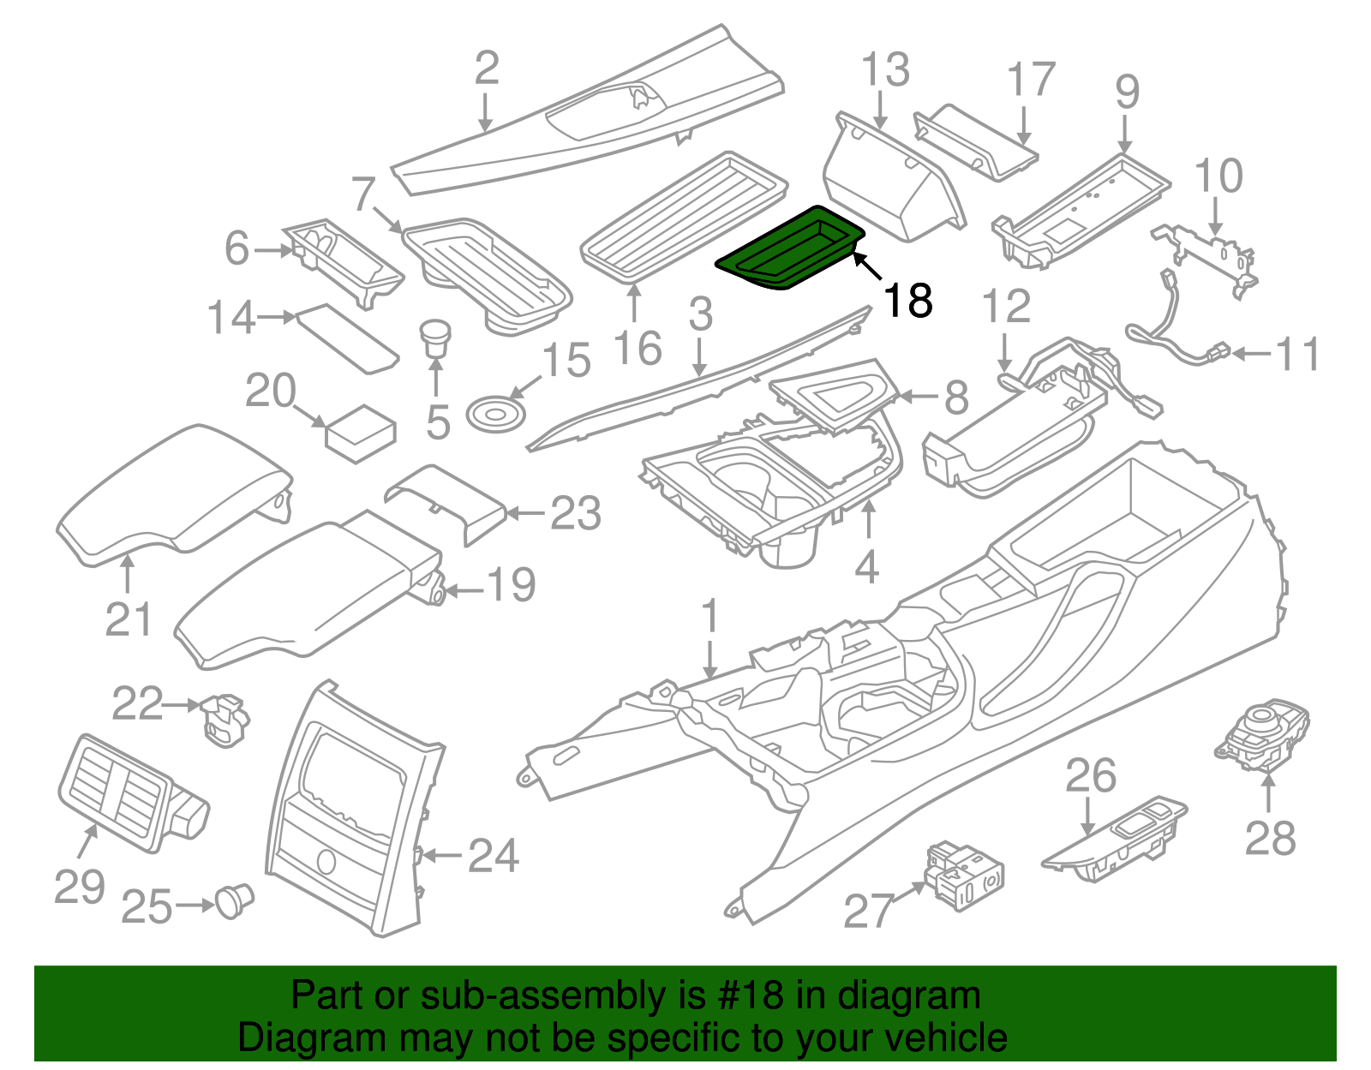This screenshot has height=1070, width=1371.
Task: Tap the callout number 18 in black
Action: [x=907, y=301]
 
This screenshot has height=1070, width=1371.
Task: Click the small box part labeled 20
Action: [x=361, y=433]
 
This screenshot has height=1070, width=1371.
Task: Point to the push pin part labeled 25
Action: [x=233, y=900]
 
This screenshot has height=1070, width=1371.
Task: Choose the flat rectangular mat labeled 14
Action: [x=347, y=338]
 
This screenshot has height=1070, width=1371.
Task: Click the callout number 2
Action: [x=486, y=69]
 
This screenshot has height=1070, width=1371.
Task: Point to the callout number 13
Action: [x=884, y=70]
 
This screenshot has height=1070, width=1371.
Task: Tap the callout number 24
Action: [x=493, y=856]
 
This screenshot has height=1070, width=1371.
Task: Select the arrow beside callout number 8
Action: [x=918, y=397]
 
